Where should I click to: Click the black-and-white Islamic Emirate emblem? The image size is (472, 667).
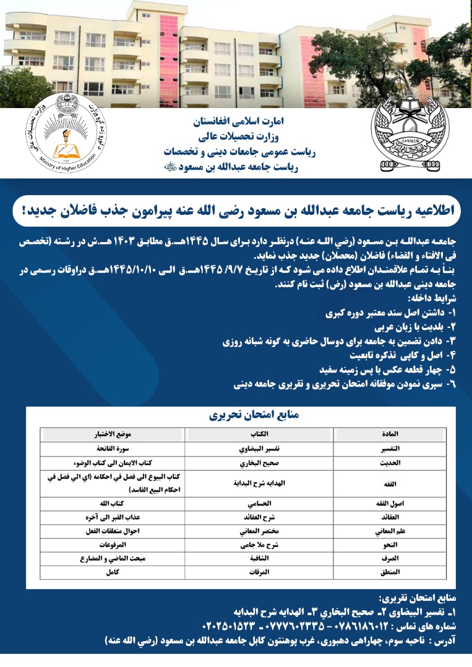(410, 132)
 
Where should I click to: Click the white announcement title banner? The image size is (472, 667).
(236, 211)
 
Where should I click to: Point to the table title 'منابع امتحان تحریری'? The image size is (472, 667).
(237, 417)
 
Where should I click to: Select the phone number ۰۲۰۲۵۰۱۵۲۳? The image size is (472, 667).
(228, 626)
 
